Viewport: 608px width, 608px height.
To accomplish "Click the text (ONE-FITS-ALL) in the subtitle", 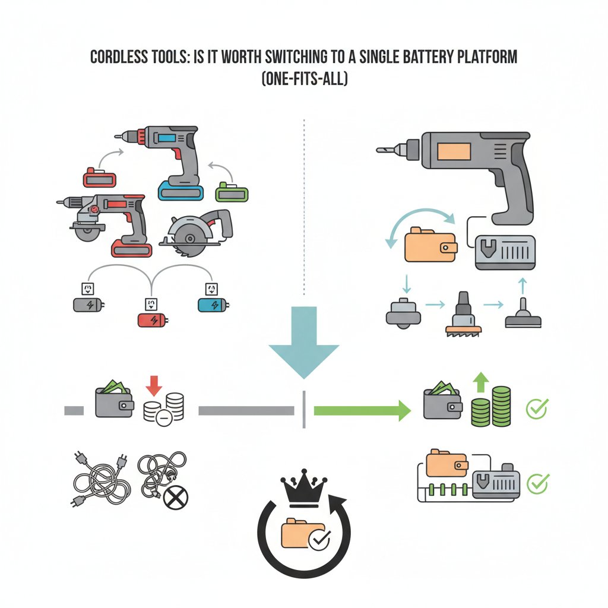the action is pos(305,79).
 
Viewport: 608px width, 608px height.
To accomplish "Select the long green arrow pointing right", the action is pos(362,410).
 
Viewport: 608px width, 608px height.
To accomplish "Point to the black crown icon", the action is pos(304,488).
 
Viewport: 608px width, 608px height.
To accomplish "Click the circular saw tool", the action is pos(198,233).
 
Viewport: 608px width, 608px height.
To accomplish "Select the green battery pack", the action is pos(232,192).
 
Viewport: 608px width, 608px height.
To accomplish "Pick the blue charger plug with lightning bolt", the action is pos(213,305).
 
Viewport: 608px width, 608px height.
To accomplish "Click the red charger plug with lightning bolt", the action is pos(153,320).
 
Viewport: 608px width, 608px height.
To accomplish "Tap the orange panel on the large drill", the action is pos(454,151).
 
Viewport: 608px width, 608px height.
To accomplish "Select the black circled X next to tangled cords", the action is pos(176,498).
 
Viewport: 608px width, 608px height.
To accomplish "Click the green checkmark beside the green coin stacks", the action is pos(537,408).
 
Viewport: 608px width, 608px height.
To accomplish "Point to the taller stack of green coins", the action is pos(501,406).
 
